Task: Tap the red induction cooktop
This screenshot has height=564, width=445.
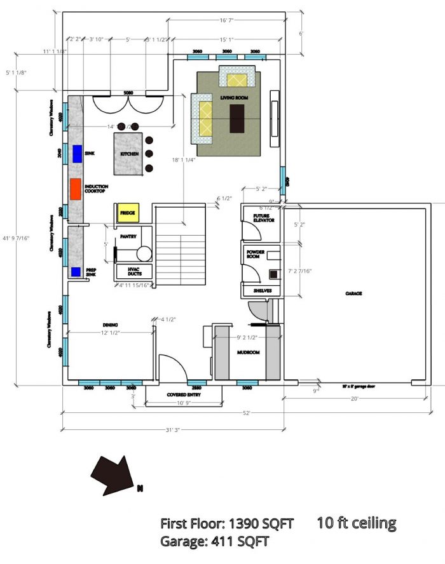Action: [76, 190]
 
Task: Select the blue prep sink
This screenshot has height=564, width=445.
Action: [76, 272]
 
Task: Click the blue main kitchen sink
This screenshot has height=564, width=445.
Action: [78, 154]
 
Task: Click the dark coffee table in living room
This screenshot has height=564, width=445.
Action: [237, 119]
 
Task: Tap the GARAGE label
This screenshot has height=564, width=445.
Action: [354, 293]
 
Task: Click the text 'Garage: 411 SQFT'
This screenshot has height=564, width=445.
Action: [214, 542]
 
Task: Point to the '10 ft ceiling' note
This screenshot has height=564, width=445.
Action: [356, 523]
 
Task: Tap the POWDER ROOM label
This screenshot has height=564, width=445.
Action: [256, 255]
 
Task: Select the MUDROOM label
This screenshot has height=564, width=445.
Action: [247, 352]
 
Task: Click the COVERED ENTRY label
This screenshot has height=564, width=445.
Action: [184, 394]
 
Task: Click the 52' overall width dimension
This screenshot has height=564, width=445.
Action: [245, 413]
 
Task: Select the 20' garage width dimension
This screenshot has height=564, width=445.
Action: [355, 399]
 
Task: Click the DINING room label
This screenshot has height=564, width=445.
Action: [110, 325]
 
